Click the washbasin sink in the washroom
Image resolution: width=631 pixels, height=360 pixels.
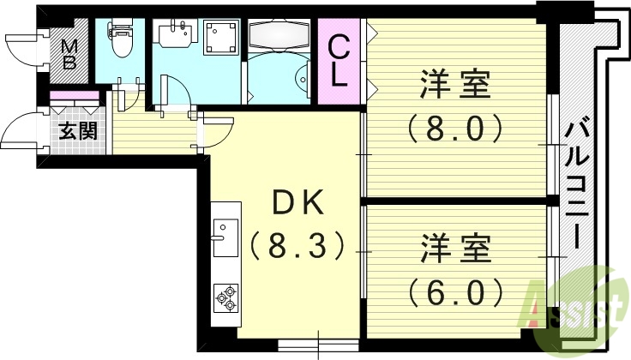tap(175, 36)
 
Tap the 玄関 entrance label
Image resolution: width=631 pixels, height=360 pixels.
tap(77, 131)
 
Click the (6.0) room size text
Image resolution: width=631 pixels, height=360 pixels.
tap(454, 293)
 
